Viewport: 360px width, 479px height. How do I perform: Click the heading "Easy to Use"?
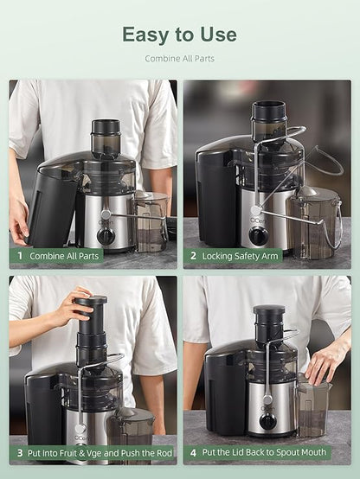[179, 35]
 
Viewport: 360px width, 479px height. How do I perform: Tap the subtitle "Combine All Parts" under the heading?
[179, 59]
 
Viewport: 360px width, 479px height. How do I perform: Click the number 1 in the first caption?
[18, 256]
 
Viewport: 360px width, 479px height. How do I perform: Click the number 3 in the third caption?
[18, 451]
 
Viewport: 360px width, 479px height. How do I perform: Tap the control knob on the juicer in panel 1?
[106, 234]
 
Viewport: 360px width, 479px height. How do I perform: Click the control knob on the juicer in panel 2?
[258, 234]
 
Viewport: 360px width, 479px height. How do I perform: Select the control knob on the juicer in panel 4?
[268, 421]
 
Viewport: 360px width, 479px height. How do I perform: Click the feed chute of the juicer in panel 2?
[268, 121]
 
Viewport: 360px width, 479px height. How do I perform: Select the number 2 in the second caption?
[192, 256]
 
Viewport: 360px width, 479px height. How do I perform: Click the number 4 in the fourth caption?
[192, 451]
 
